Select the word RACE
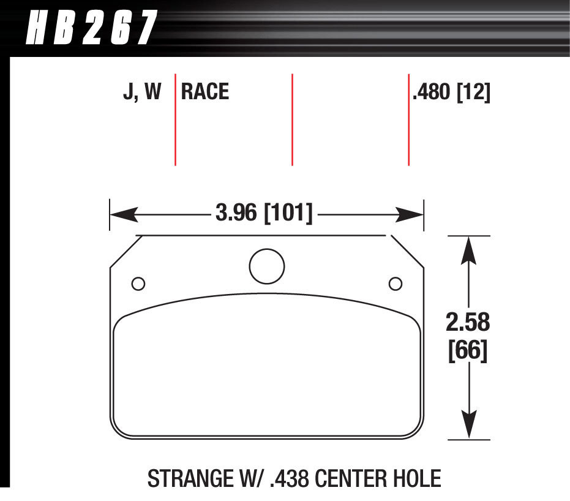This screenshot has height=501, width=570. tap(205, 92)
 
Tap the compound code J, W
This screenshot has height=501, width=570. tap(141, 92)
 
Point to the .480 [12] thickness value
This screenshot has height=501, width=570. tap(452, 92)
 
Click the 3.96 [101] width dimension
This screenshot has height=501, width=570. tap(264, 214)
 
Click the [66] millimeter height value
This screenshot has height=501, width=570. tap(468, 352)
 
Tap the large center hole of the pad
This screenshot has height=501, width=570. tap(267, 266)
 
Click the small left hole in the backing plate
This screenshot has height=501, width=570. tap(138, 284)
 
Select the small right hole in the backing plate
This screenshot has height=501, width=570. tap(396, 284)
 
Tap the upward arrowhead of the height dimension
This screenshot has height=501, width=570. tap(468, 248)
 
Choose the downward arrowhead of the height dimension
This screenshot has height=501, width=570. tap(468, 427)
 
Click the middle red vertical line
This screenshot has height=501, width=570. tap(292, 119)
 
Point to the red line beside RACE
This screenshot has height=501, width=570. tap(176, 119)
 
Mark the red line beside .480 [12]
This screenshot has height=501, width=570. tap(408, 119)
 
